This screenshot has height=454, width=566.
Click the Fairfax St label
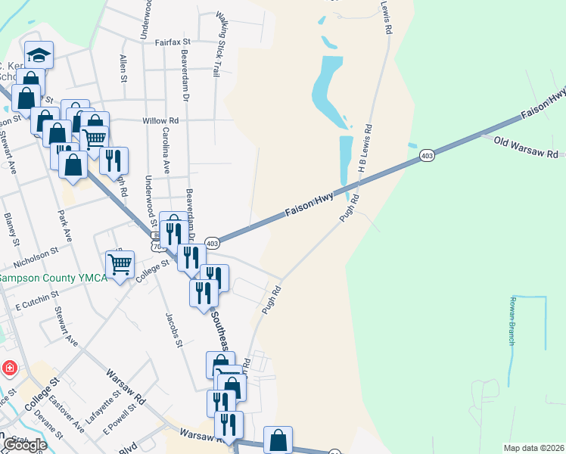click(173, 42)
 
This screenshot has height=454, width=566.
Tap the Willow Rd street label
click(160, 120)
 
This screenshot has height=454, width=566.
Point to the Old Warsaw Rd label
click(524, 147)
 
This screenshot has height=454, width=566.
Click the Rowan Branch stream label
click(512, 322)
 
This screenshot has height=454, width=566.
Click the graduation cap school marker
click(38, 54)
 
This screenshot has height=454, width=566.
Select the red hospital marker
click(10, 369)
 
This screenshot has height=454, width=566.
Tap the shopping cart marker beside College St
click(120, 265)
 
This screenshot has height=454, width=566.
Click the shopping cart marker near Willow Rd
click(94, 139)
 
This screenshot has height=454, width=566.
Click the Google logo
click(23, 445)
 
